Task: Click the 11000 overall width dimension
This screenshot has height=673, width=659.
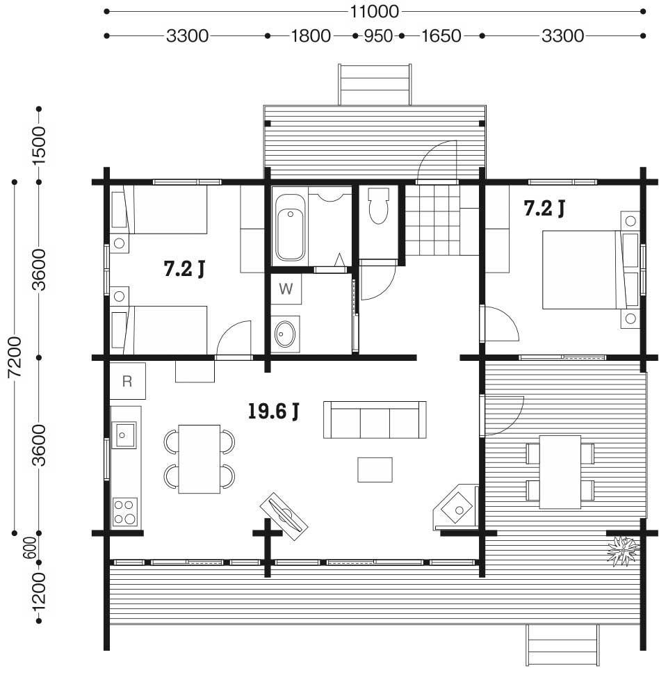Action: (375, 12)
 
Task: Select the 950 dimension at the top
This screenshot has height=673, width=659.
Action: (378, 36)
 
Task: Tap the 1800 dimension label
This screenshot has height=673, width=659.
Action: (311, 36)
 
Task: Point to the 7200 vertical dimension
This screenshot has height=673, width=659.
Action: (15, 357)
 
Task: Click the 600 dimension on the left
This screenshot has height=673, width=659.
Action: (30, 548)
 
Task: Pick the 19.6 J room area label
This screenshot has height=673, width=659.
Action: (273, 411)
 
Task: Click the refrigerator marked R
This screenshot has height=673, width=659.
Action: (127, 381)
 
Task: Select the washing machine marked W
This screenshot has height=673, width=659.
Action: (286, 289)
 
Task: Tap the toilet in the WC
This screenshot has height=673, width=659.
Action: (378, 206)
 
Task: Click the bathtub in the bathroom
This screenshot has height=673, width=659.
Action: (290, 227)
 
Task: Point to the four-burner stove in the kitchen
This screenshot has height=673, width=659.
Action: (125, 512)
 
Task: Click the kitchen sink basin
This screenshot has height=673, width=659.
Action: (124, 435)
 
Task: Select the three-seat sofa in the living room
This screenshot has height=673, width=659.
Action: (375, 420)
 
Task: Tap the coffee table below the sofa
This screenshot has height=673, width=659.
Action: (375, 470)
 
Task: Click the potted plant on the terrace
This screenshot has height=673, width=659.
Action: (623, 551)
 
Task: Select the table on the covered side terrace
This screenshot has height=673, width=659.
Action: (560, 472)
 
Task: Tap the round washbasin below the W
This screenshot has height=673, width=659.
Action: (285, 334)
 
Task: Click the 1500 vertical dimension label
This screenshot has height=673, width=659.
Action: (39, 145)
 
